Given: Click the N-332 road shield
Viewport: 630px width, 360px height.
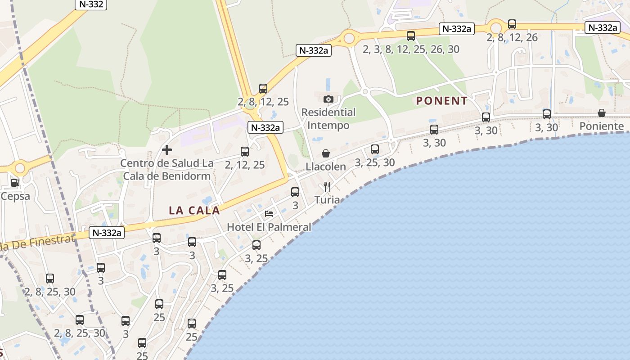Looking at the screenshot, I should click(x=90, y=4).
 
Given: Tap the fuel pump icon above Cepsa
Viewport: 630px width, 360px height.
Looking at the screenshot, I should click(x=15, y=183).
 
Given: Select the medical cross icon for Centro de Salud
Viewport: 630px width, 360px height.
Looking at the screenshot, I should click(x=167, y=149).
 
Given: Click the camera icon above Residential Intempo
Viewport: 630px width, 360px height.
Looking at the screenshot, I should click(x=328, y=99).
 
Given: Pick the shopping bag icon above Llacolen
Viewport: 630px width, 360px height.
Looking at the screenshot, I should click(x=326, y=154).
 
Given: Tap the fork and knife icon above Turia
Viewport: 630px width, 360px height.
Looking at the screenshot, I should click(x=327, y=187).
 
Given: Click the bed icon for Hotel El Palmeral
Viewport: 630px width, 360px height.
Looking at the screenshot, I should click(x=269, y=214).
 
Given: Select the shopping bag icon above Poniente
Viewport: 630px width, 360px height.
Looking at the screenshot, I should click(x=602, y=113).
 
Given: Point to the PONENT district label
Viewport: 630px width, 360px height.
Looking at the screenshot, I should click(x=442, y=101).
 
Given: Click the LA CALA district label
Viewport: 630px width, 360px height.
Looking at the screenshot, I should click(x=194, y=210).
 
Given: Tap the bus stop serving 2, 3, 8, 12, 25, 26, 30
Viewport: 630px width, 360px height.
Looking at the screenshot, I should click(x=411, y=36).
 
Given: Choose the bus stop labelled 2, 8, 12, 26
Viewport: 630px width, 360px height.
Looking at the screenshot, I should click(x=512, y=24).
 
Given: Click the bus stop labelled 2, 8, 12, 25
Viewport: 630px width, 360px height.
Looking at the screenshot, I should click(x=263, y=89).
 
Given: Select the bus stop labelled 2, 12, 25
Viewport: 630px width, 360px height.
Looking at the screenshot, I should click(x=245, y=152).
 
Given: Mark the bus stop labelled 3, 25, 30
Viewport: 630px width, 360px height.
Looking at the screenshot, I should click(x=375, y=149).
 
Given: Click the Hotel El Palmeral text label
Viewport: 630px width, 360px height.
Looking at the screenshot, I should click(x=269, y=227).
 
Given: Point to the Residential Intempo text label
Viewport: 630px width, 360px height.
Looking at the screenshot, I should click(x=328, y=119).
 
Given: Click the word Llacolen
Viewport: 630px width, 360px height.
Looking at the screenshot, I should click(x=326, y=167).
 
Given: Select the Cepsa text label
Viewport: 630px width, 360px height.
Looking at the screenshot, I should click(x=15, y=196).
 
